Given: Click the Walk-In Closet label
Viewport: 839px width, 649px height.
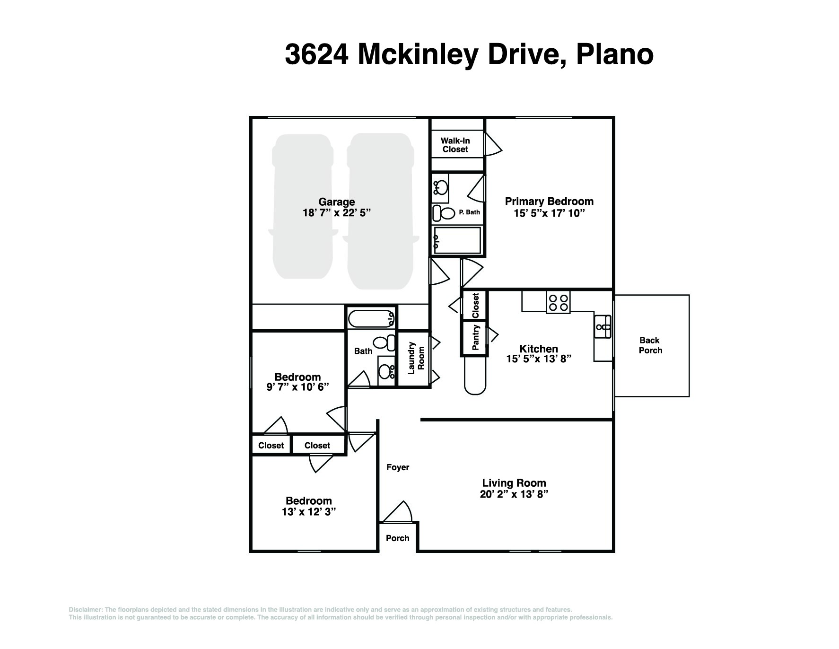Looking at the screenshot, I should (455, 145).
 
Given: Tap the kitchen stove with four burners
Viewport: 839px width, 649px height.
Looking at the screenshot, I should (558, 302).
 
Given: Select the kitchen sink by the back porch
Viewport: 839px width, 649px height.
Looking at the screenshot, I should (603, 327).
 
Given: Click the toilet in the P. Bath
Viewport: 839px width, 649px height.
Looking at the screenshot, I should (444, 212).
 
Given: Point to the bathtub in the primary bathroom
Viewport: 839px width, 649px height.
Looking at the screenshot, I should (457, 240).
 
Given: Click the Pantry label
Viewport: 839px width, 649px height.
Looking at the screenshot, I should (475, 338).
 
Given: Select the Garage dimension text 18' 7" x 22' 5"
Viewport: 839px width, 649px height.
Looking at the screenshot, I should (336, 213).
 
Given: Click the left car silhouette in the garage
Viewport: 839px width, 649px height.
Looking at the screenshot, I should (303, 206).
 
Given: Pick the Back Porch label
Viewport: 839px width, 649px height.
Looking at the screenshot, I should (650, 345).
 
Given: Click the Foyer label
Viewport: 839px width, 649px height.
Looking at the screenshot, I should (398, 467).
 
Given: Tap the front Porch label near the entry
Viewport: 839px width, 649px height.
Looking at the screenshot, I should (397, 538).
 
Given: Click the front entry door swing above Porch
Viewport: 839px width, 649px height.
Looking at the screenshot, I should (400, 512).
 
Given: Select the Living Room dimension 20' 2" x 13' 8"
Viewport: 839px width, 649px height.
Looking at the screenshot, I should (514, 494).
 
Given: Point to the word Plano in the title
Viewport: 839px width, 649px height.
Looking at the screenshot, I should (614, 54).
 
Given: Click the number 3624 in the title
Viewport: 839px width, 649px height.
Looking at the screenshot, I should (317, 54).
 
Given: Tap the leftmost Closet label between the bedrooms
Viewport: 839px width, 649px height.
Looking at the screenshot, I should (271, 446).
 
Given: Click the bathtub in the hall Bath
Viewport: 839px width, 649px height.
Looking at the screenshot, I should (371, 318).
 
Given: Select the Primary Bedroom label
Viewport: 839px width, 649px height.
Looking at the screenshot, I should (549, 202).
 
